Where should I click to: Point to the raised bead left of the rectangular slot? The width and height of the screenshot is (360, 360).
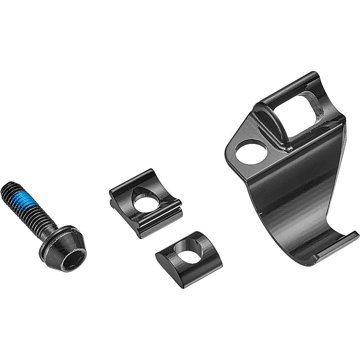[x=276, y=124]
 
